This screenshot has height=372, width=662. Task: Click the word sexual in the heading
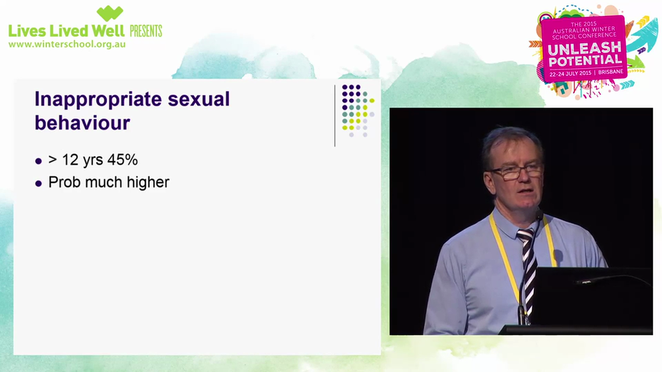pyautogui.click(x=199, y=99)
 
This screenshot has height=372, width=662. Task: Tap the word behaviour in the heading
pyautogui.click(x=82, y=123)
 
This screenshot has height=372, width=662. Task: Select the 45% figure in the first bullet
pyautogui.click(x=122, y=160)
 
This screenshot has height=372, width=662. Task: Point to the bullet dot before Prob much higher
pyautogui.click(x=38, y=183)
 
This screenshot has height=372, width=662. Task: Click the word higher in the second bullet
pyautogui.click(x=151, y=182)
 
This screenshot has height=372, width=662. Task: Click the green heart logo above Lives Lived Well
pyautogui.click(x=110, y=13)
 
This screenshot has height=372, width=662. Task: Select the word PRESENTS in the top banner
pyautogui.click(x=145, y=31)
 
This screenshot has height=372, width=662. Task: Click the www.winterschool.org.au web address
pyautogui.click(x=67, y=44)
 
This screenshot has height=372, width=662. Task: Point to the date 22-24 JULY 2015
pyautogui.click(x=570, y=73)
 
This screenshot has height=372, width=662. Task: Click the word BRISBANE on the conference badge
pyautogui.click(x=610, y=72)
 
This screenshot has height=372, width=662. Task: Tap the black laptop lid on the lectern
pyautogui.click(x=590, y=295)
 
